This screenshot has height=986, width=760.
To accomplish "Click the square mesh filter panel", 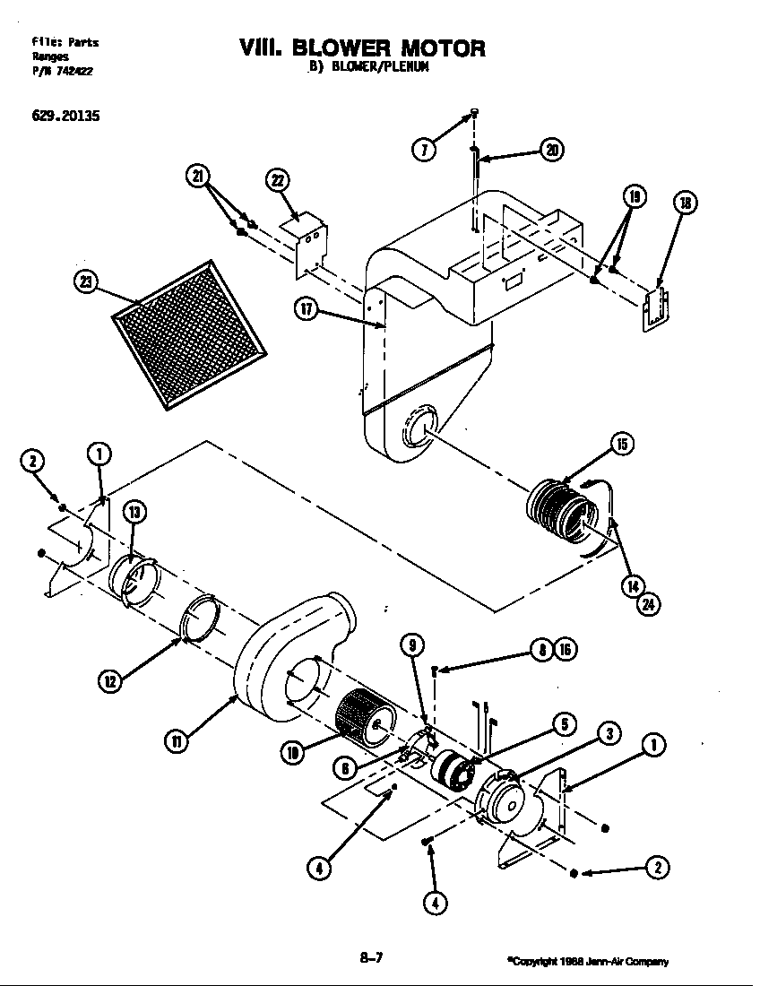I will click(190, 333).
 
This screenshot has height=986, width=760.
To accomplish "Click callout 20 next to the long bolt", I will click(553, 151).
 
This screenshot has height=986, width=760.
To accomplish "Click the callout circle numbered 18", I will click(685, 204).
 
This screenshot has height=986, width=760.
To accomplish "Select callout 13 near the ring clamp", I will click(134, 513).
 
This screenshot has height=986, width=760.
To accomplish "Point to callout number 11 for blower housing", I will click(176, 740).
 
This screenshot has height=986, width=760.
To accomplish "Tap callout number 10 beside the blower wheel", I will click(292, 753).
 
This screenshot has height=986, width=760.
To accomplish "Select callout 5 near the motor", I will click(562, 725).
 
